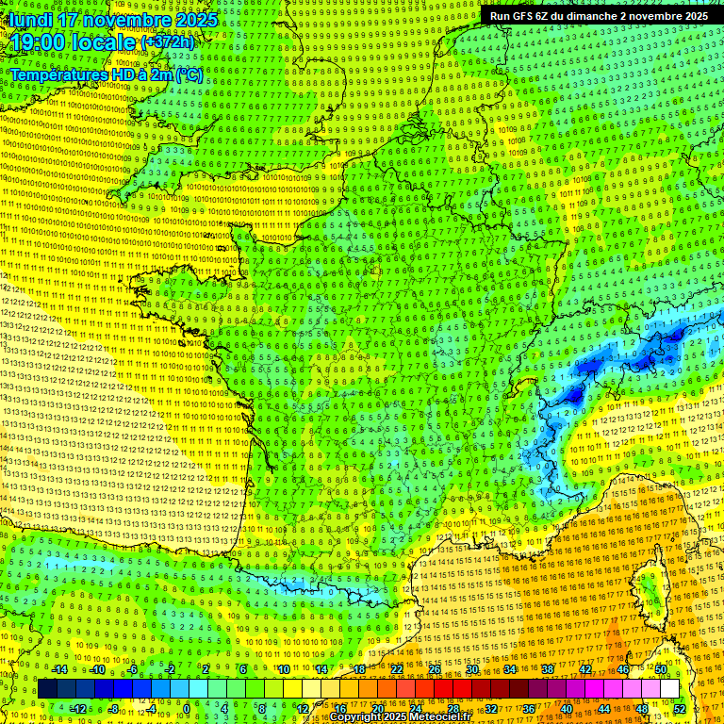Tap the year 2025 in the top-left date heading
pos(192,20)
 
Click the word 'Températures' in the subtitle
pos(58,74)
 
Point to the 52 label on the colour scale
pos(679,709)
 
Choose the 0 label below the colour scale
pos(187,709)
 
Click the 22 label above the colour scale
pos(397,669)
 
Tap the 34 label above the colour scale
pos(510,669)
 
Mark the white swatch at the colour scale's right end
pos(669,689)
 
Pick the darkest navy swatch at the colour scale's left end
pos(48,689)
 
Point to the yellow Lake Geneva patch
pos(521,384)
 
